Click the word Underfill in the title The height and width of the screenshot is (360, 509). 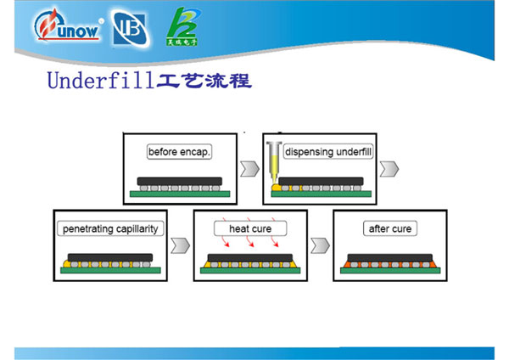100,82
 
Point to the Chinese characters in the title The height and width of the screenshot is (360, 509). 204,82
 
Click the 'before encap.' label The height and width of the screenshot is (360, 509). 179,153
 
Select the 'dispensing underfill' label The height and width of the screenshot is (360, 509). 329,153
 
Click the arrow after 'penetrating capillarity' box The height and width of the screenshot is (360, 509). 179,246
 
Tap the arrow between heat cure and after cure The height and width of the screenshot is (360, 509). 319,246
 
